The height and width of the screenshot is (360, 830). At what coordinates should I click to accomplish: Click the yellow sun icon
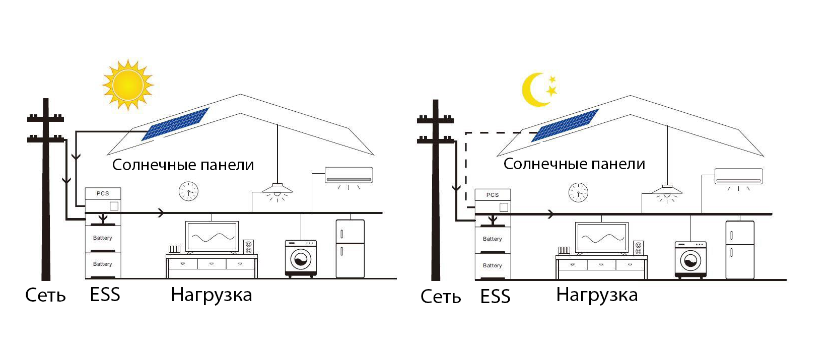point(128,84)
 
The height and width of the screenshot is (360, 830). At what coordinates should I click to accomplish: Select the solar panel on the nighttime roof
point(565,125)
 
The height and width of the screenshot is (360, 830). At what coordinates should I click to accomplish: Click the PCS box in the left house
point(103,193)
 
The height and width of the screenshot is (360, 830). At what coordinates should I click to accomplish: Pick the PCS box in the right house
point(493,195)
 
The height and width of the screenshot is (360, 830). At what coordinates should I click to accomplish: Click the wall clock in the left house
point(188,191)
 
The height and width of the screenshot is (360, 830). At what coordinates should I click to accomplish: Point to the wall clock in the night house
point(578,192)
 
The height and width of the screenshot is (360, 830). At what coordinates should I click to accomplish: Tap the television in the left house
point(212,237)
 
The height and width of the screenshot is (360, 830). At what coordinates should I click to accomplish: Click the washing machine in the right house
point(690,259)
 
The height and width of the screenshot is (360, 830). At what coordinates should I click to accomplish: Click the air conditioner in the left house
point(349,175)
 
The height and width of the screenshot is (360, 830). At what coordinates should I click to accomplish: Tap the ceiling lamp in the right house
point(667,190)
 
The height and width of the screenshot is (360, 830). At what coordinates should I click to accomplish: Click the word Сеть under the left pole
point(45,295)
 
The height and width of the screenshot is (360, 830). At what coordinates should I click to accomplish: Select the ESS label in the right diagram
point(496,297)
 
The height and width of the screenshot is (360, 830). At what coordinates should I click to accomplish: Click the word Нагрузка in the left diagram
point(212,295)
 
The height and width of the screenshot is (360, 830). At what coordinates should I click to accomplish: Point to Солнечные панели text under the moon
point(574,164)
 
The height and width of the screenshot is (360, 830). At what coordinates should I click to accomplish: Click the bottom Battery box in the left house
point(103,264)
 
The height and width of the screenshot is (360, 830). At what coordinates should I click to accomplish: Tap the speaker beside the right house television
point(638,248)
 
